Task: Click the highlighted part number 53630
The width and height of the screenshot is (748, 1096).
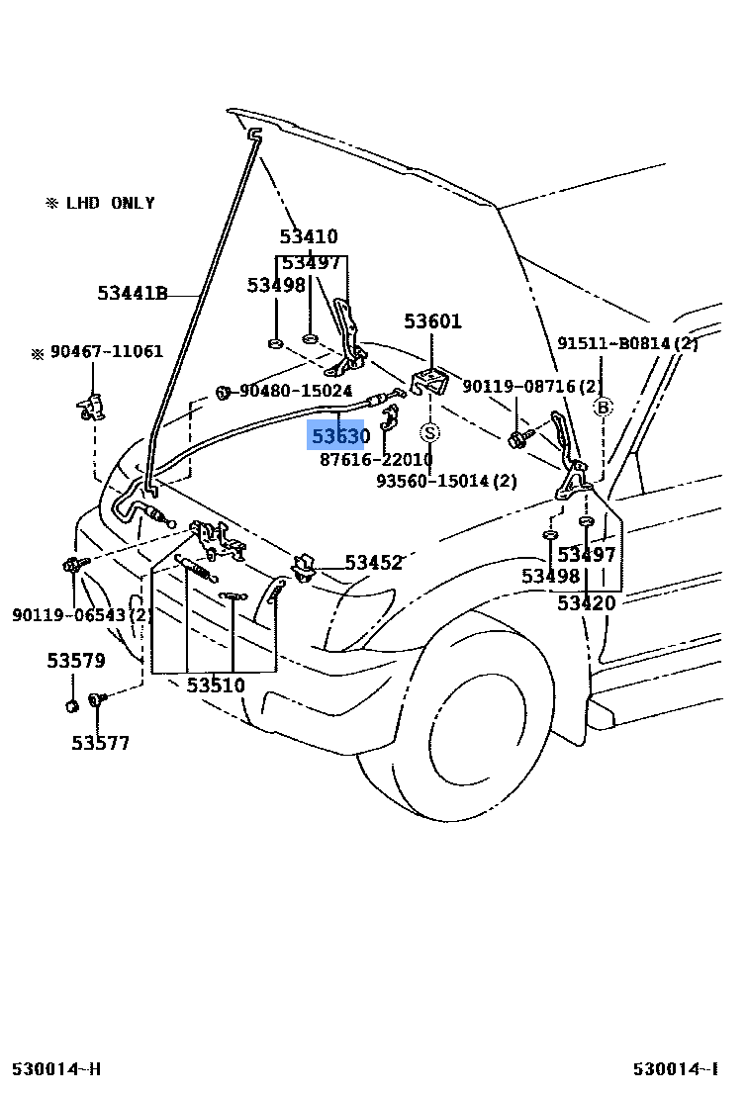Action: pyautogui.click(x=340, y=436)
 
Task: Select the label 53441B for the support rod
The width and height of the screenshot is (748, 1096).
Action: pyautogui.click(x=133, y=293)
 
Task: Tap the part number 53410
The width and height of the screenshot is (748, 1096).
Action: pyautogui.click(x=308, y=236)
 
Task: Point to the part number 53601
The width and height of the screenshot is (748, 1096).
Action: pyautogui.click(x=432, y=321)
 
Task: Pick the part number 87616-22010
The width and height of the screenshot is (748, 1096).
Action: pyautogui.click(x=376, y=460)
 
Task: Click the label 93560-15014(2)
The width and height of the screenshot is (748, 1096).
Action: pyautogui.click(x=446, y=481)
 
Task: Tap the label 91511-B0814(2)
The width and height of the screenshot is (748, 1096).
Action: pyautogui.click(x=627, y=343)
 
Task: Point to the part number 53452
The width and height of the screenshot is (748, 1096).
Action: pyautogui.click(x=373, y=563)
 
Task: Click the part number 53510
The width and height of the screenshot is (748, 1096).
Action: pyautogui.click(x=216, y=685)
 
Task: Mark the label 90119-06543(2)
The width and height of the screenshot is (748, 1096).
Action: pyautogui.click(x=82, y=614)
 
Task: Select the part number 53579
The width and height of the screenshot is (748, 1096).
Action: pyautogui.click(x=76, y=661)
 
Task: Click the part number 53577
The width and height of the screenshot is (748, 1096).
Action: pyautogui.click(x=100, y=743)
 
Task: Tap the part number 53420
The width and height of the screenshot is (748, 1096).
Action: pyautogui.click(x=586, y=603)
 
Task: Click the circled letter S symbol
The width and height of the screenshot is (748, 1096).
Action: pyautogui.click(x=430, y=432)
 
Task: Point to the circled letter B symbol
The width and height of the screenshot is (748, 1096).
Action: pyautogui.click(x=602, y=407)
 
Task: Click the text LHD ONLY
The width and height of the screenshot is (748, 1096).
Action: pyautogui.click(x=110, y=203)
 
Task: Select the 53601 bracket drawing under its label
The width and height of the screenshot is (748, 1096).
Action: pyautogui.click(x=429, y=380)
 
